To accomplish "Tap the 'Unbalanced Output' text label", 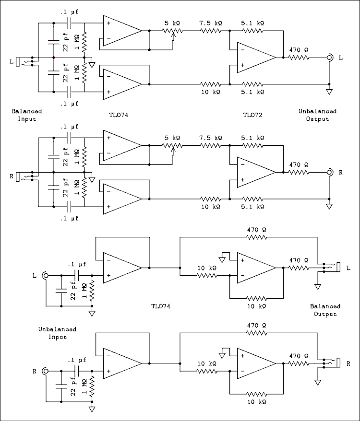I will (x=317, y=115).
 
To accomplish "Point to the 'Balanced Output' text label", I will (x=325, y=310).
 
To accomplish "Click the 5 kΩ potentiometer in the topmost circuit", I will (x=172, y=31).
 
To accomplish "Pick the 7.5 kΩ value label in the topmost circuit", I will (x=212, y=23).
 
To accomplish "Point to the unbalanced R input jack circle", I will (x=46, y=371).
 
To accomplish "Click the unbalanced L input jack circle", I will (x=46, y=276).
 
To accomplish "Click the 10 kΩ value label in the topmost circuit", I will (x=212, y=92).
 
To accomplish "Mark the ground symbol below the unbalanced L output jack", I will (x=329, y=91).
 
